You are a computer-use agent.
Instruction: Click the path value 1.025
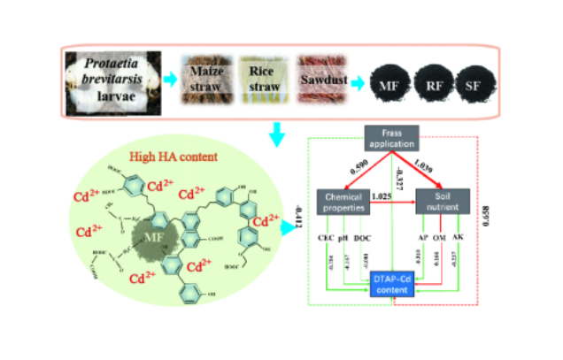click(x=382, y=194)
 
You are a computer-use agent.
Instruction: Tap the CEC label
click(x=323, y=237)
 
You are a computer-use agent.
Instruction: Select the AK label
click(x=457, y=237)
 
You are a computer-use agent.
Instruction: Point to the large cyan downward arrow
click(x=277, y=134)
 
